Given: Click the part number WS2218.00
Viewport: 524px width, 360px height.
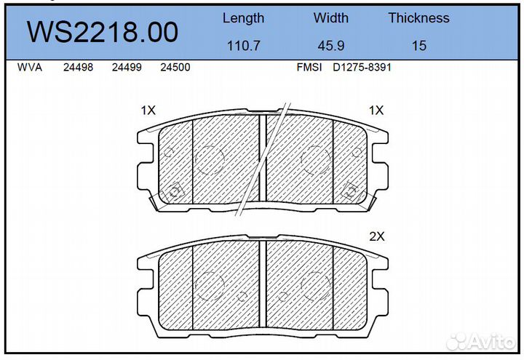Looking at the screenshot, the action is tap(103, 32).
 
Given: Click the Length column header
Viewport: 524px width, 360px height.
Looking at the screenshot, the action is tap(243, 18).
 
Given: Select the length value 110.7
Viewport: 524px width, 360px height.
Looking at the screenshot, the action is tap(243, 45).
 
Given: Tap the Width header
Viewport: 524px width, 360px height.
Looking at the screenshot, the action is tap(331, 17).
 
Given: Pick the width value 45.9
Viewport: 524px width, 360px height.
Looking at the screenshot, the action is tap(331, 45).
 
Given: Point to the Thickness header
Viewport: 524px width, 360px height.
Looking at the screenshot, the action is tap(418, 17).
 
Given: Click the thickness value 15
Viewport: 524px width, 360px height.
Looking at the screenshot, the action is tap(419, 45).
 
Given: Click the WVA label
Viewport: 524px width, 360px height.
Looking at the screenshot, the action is tap(30, 67).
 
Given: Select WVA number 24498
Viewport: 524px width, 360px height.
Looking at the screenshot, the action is tap(78, 67).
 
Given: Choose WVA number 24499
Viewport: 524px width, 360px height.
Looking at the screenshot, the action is tap(127, 67).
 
